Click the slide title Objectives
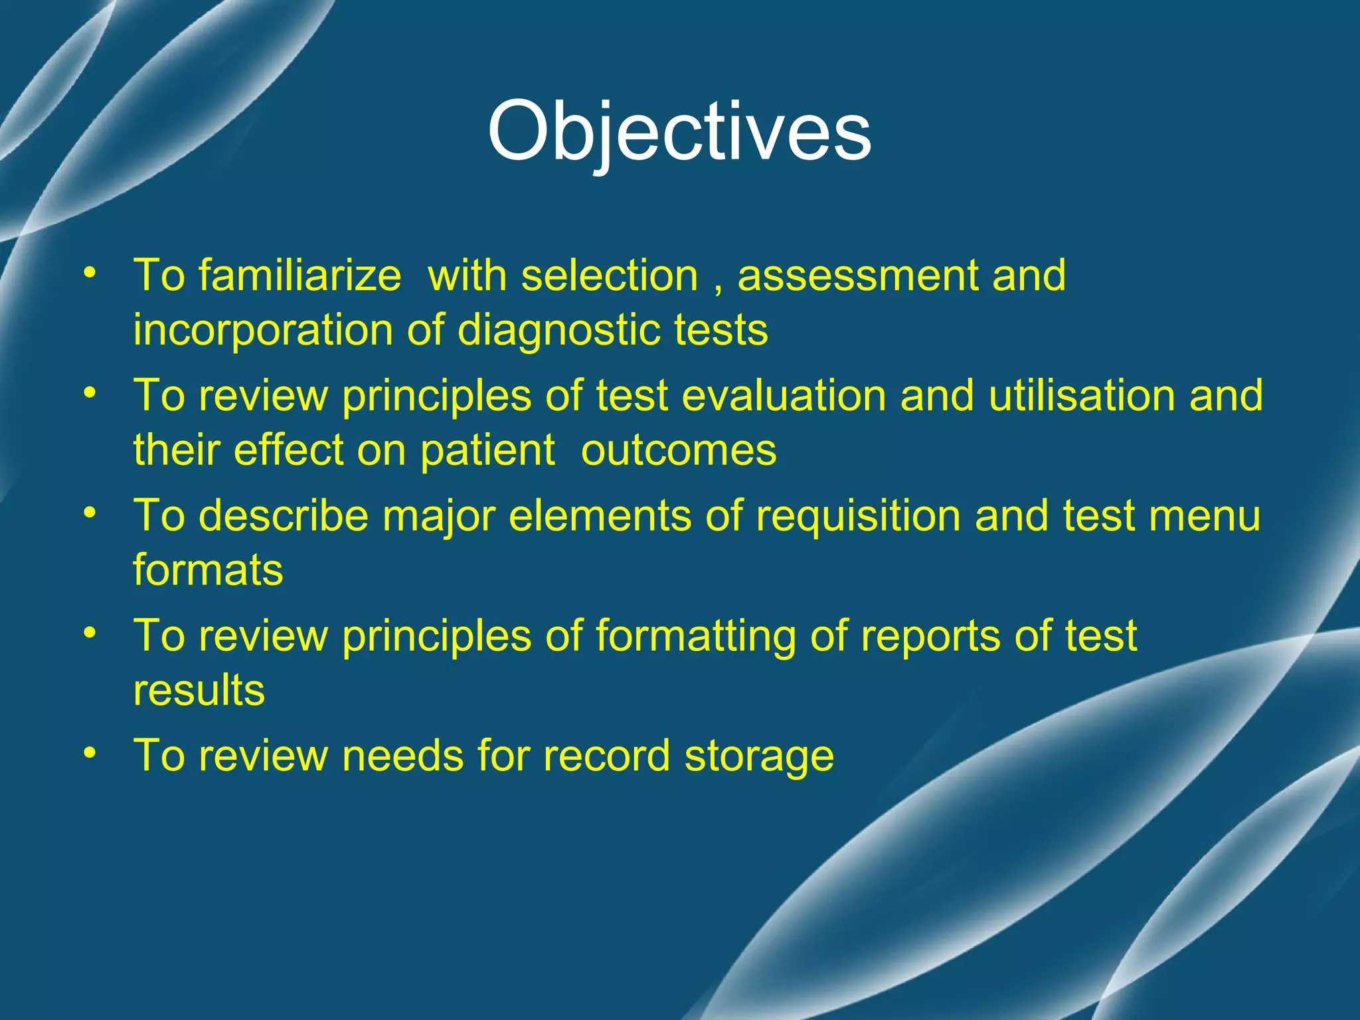679,131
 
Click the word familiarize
300,276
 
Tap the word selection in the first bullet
609,276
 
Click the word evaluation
784,396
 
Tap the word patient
487,451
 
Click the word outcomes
678,451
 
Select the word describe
284,516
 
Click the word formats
208,570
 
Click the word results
199,690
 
